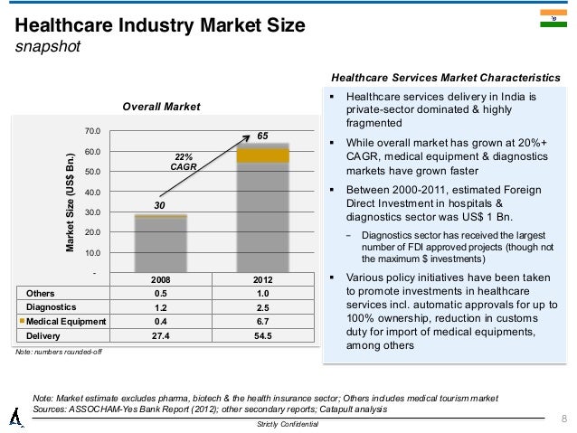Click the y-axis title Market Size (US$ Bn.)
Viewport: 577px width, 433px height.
pos(70,201)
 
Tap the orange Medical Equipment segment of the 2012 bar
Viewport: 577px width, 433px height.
pos(263,156)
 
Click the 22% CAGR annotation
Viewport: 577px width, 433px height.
pos(184,160)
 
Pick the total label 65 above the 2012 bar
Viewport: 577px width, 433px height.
pos(263,135)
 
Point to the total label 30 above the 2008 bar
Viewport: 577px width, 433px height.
pos(158,206)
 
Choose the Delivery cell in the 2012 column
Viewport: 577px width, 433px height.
pos(262,334)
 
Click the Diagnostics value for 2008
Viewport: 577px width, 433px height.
pos(160,307)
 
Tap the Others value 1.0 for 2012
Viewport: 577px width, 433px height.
pos(262,294)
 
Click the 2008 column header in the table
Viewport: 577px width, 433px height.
pos(160,279)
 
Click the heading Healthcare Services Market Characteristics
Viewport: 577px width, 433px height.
pos(448,78)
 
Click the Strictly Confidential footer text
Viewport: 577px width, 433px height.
pos(288,424)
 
